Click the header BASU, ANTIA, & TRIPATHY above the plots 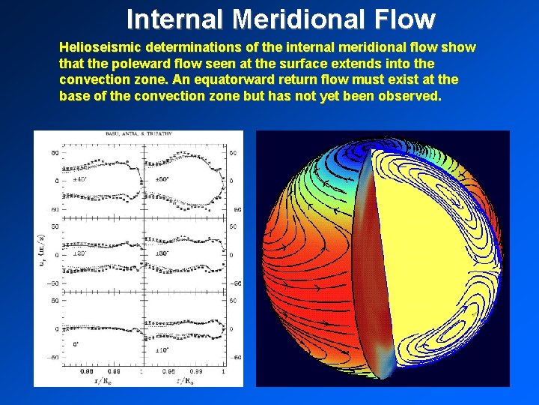(x=139, y=133)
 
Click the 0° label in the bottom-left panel (x=75, y=344)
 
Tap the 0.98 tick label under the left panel (x=87, y=370)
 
